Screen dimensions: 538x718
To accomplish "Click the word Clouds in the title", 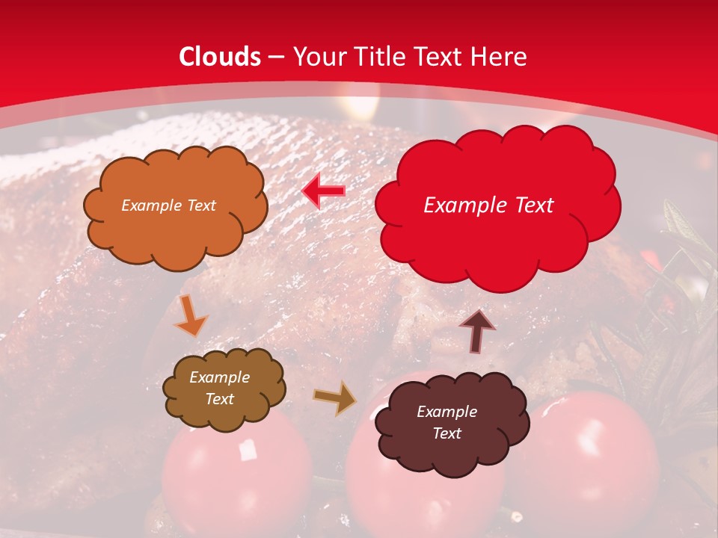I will pos(220,57).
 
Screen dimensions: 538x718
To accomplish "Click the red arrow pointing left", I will pos(323,191).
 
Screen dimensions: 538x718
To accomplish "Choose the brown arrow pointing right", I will pos(335,398).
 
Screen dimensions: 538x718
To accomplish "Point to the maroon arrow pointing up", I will pos(477,330).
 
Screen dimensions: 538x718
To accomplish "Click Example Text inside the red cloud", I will pos(488,205).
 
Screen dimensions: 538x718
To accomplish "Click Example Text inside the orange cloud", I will pos(168,205).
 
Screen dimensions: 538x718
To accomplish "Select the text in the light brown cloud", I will pos(219,389).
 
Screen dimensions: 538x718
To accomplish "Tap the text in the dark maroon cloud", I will pos(447,422).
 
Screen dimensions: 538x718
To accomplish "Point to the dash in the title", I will pos(276,58).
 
